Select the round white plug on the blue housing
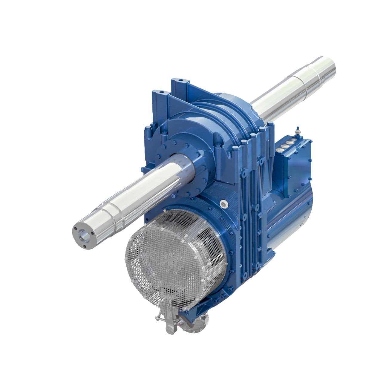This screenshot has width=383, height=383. pyautogui.click(x=223, y=204)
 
